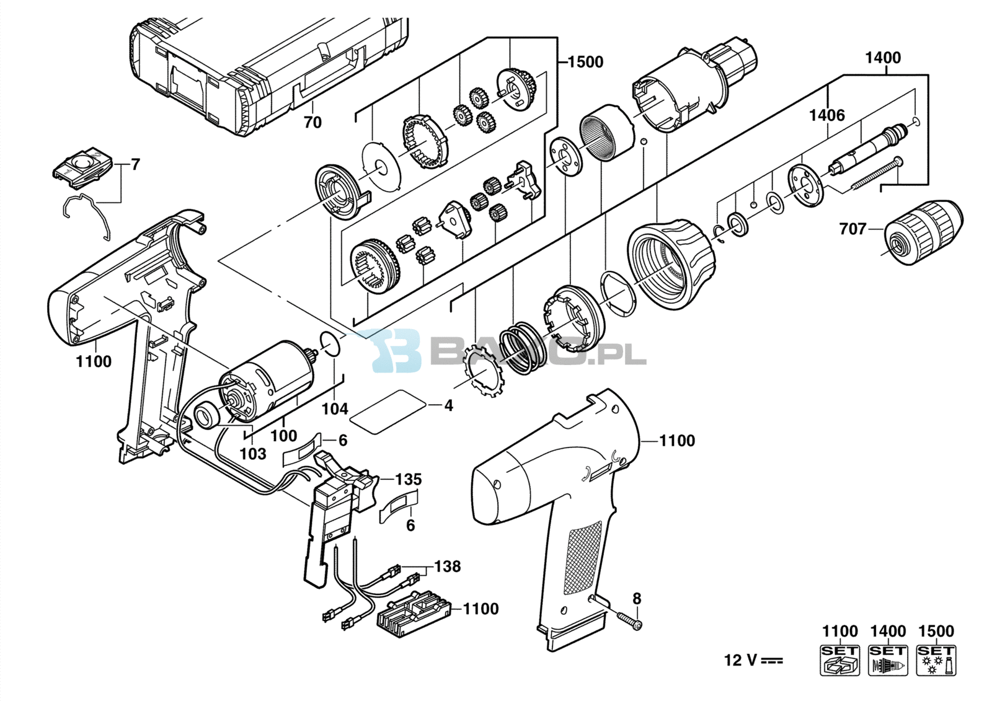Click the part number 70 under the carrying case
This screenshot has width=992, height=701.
click(312, 122)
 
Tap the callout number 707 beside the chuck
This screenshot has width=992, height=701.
click(852, 229)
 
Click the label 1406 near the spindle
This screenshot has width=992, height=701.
click(827, 115)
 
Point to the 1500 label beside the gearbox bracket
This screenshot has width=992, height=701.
click(585, 63)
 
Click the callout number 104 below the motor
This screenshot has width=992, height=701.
click(335, 408)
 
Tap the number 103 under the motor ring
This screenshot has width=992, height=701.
click(254, 454)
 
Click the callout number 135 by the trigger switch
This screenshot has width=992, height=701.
click(409, 480)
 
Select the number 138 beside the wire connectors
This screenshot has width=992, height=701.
click(447, 567)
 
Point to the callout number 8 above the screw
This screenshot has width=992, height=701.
click(636, 599)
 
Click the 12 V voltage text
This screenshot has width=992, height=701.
click(753, 660)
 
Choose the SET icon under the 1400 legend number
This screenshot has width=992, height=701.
click(888, 660)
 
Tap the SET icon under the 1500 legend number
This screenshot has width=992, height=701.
click(936, 660)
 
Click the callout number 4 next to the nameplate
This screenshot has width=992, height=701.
click(449, 405)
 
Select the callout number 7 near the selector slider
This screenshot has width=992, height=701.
click(135, 165)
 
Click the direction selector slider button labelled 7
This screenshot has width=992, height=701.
click(84, 167)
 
